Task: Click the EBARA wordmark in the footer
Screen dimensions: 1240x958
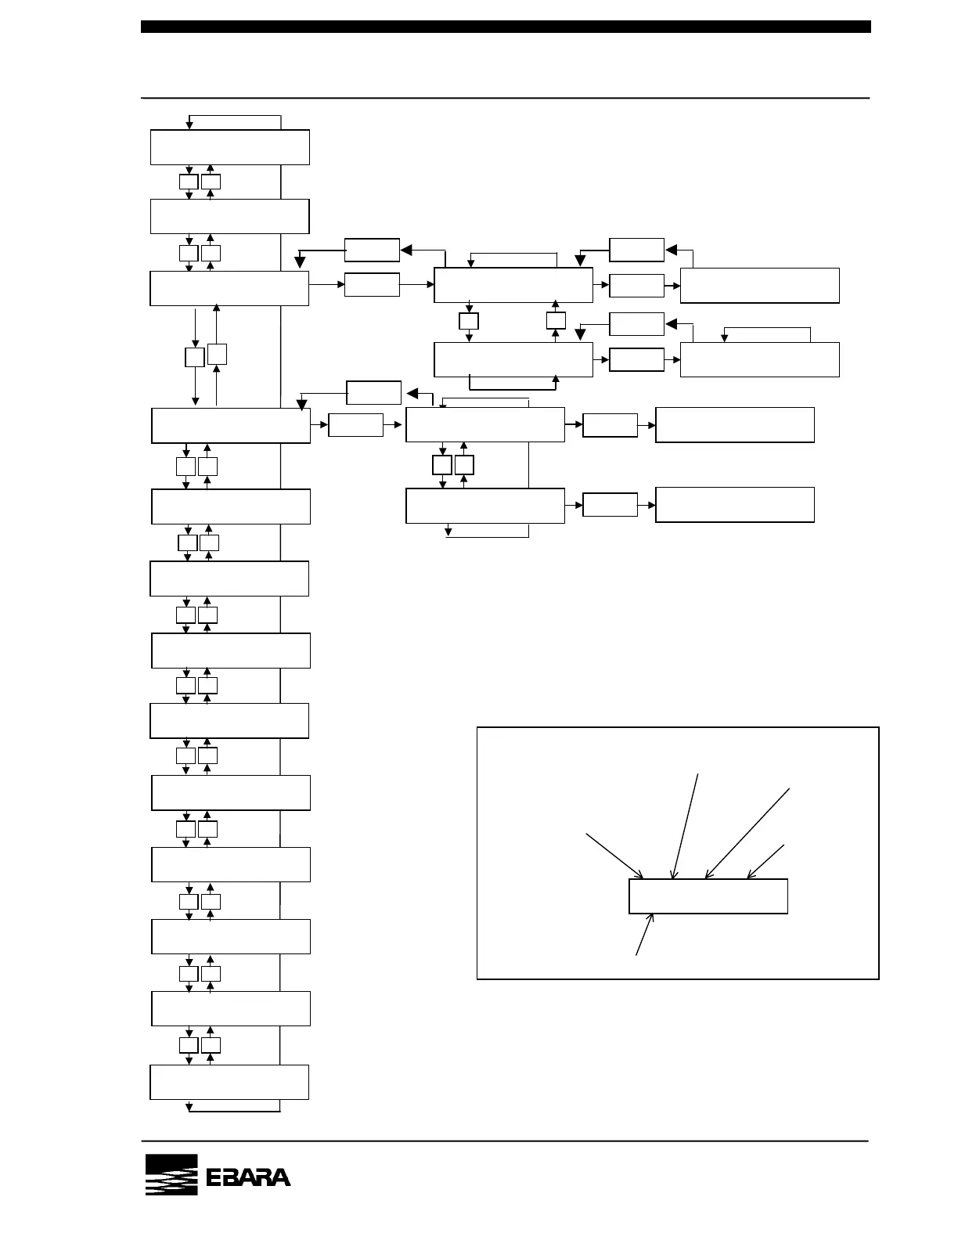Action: point(248,1177)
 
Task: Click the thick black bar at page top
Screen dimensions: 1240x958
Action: point(506,27)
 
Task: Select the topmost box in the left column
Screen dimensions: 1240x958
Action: point(229,147)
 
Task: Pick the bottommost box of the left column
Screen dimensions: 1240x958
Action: point(229,1082)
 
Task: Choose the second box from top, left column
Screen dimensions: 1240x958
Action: point(229,216)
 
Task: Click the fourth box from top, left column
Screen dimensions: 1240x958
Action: point(231,425)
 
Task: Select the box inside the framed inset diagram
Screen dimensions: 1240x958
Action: point(708,896)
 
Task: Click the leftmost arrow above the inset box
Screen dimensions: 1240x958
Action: point(615,857)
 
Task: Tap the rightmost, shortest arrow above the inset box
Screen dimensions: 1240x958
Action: point(765,861)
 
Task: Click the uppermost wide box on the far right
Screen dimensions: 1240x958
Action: point(760,286)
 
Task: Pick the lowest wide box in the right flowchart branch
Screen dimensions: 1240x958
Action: point(735,505)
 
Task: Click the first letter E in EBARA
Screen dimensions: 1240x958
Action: point(217,1177)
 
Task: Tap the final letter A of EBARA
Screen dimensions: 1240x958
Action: point(279,1177)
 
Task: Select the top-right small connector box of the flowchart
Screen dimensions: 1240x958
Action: point(636,250)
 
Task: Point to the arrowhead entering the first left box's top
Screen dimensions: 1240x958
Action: point(189,125)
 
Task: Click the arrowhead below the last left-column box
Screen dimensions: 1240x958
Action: point(189,1107)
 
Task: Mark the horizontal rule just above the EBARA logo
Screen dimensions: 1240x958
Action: point(506,1141)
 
